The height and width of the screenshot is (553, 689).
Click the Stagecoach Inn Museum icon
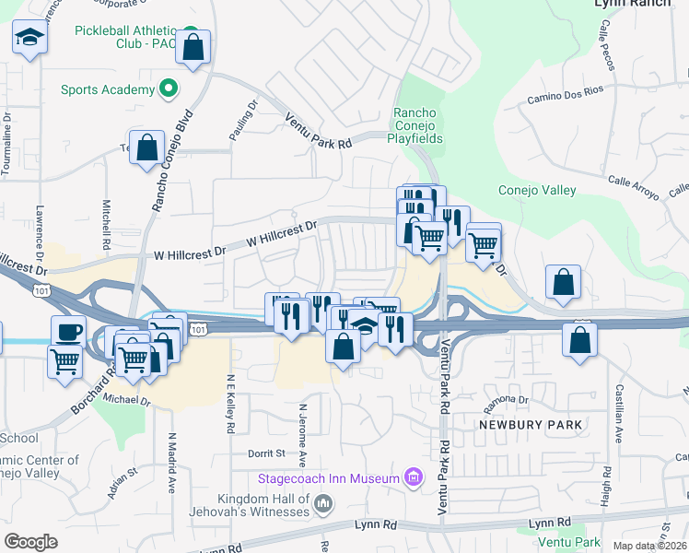pos(414,477)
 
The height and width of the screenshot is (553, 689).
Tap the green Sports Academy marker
pos(168,89)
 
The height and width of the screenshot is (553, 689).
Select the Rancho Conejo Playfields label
pos(419,125)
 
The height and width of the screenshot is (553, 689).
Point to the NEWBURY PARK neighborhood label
pos(530,425)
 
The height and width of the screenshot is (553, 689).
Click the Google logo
pos(30,542)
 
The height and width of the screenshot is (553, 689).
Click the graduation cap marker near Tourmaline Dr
pos(29,39)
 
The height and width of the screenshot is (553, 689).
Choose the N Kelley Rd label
pos(229,406)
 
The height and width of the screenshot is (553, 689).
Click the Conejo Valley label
pos(536,191)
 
